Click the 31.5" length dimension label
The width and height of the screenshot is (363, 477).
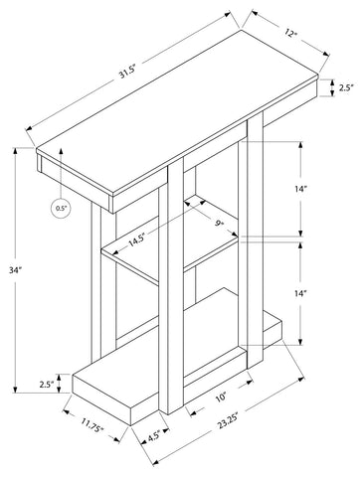click(128, 74)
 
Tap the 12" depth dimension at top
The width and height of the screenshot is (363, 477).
click(290, 33)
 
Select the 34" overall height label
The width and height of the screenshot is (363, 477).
click(15, 270)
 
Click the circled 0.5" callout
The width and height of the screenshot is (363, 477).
click(61, 209)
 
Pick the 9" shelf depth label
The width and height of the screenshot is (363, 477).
click(219, 224)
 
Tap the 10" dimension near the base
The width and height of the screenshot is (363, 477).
click(221, 396)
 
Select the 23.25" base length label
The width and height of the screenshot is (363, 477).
click(228, 423)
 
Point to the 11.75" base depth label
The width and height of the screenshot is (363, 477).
click(92, 424)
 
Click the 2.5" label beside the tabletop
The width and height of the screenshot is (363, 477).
click(346, 87)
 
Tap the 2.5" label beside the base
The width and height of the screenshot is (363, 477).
click(47, 385)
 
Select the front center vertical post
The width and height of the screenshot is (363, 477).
click(176, 285)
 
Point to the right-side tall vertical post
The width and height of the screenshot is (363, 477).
click(256, 241)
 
